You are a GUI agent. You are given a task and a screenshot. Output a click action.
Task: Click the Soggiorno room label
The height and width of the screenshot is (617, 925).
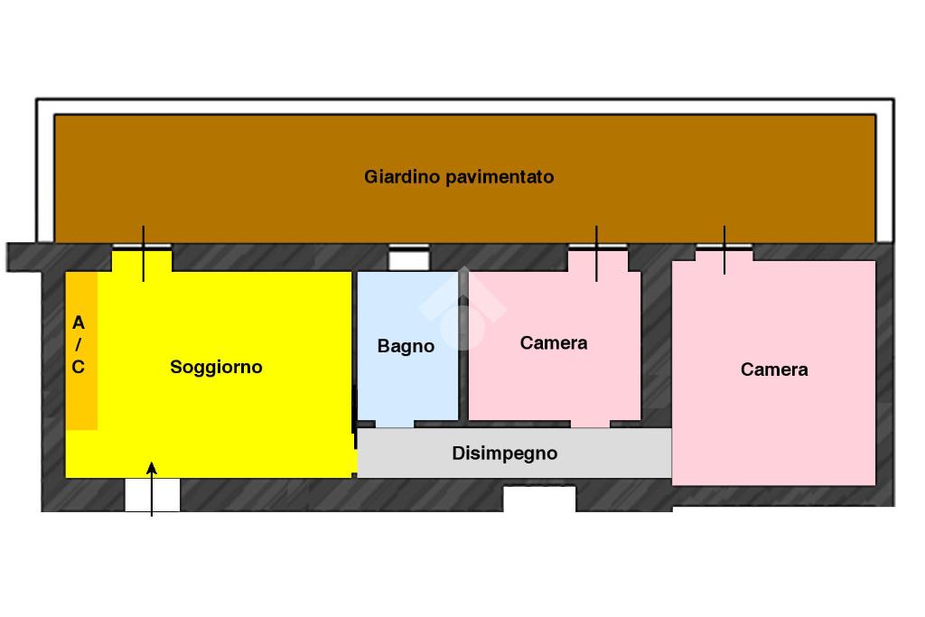click(x=216, y=367)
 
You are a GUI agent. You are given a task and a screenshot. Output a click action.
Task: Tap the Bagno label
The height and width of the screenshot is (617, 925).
click(x=406, y=346)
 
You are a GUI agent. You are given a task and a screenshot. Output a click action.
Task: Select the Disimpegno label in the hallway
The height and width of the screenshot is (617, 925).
click(x=504, y=453)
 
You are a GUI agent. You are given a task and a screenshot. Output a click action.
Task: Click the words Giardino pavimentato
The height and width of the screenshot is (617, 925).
click(x=459, y=176)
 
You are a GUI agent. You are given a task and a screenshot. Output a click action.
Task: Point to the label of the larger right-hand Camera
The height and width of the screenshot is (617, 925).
click(x=774, y=369)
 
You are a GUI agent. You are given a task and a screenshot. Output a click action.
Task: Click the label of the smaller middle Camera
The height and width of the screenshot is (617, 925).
click(x=554, y=342)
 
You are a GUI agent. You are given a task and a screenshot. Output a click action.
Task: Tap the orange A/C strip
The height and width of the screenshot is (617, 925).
click(x=81, y=351)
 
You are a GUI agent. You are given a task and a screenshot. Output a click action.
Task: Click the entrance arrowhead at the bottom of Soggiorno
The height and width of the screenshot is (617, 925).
click(x=152, y=468)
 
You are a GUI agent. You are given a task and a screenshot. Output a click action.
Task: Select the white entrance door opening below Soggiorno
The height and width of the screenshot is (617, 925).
click(x=152, y=495)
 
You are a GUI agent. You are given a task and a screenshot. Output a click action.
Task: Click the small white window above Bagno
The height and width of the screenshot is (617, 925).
click(x=409, y=259)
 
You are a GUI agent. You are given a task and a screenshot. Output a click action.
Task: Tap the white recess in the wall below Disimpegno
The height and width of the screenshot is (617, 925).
click(x=539, y=499)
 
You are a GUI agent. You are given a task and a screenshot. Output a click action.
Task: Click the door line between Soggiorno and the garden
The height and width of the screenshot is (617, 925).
click(x=144, y=254)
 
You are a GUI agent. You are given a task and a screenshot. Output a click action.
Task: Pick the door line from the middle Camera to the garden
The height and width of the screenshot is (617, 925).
click(x=596, y=254)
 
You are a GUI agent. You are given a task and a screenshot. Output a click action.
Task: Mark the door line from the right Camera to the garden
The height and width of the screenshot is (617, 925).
click(x=724, y=250)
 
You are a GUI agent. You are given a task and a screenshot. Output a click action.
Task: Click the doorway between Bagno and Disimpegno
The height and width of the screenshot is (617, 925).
click(x=395, y=424)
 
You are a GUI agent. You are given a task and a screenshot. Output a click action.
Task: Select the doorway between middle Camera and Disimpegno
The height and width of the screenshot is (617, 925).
click(x=590, y=424)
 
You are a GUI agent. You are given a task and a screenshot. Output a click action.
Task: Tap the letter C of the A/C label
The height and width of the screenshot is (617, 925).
click(x=78, y=367)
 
